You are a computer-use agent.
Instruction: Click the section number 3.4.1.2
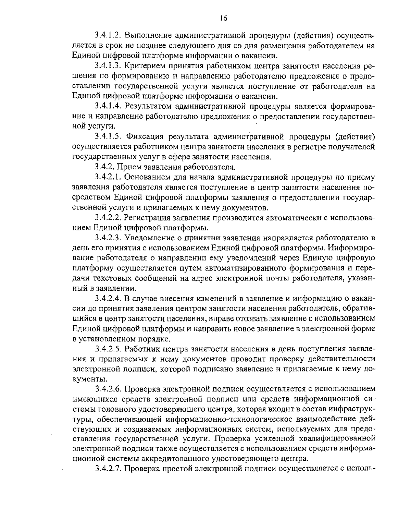[109, 35]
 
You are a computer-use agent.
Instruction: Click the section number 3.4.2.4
[109, 299]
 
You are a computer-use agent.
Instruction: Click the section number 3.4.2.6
[109, 389]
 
